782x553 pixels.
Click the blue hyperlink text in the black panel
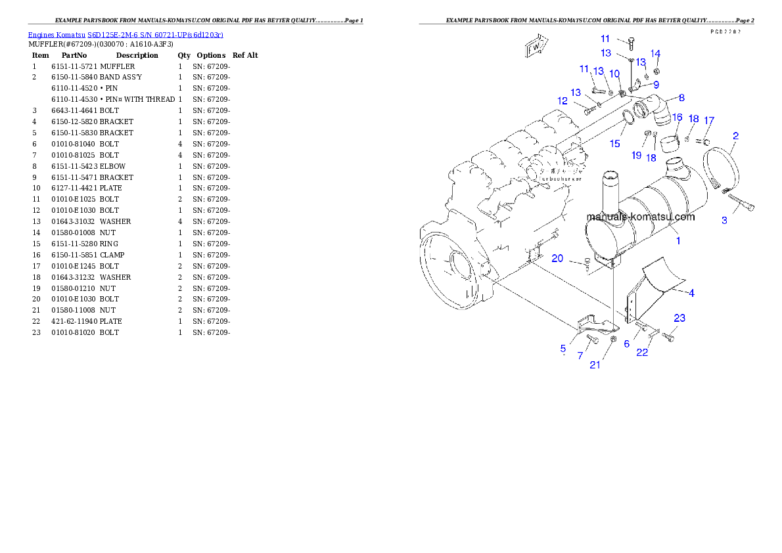click(x=126, y=35)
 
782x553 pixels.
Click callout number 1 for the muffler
click(x=678, y=241)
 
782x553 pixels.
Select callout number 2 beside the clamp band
click(x=735, y=136)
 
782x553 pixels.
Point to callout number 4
click(x=691, y=292)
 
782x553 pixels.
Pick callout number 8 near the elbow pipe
click(x=681, y=98)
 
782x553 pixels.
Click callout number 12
click(x=563, y=101)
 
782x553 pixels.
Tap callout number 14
click(x=655, y=53)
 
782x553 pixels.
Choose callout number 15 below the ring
click(x=614, y=143)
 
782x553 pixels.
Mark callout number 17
click(x=708, y=120)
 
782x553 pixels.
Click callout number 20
click(x=557, y=259)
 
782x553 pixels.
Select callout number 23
click(x=679, y=318)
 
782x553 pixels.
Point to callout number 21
click(x=595, y=365)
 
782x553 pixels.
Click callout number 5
click(x=563, y=348)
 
